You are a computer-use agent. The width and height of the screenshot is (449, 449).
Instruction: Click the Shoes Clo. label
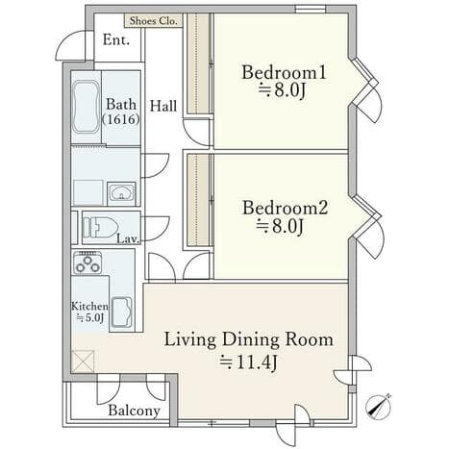tap(153, 21)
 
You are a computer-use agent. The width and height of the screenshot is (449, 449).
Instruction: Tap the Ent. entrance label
tap(116, 40)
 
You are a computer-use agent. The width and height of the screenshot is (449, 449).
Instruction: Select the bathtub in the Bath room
tap(86, 107)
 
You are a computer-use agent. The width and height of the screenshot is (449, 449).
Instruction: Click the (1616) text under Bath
tap(121, 119)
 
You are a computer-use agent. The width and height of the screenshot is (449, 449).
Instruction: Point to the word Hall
tap(163, 106)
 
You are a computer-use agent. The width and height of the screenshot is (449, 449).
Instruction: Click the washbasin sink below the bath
tap(121, 193)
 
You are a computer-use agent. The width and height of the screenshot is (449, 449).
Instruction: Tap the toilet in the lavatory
tap(99, 228)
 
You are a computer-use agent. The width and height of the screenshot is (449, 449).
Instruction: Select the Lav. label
tap(128, 239)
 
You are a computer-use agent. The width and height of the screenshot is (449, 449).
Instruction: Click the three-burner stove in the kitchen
tap(87, 262)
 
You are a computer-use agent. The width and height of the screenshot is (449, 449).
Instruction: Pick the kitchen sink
tap(122, 312)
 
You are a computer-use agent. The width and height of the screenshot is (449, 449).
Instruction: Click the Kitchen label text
tap(89, 306)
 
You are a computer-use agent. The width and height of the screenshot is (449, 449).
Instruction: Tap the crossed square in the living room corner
tap(83, 362)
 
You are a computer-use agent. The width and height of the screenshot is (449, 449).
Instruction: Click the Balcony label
tap(135, 411)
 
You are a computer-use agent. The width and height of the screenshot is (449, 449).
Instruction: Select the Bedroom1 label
tap(284, 72)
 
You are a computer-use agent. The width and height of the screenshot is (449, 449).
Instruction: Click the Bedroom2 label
tap(286, 208)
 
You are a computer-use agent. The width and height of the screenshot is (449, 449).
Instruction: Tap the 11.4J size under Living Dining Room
tap(248, 362)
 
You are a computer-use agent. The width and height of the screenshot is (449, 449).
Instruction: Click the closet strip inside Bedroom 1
tap(199, 63)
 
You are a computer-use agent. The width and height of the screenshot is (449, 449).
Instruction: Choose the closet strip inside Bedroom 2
tap(199, 200)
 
